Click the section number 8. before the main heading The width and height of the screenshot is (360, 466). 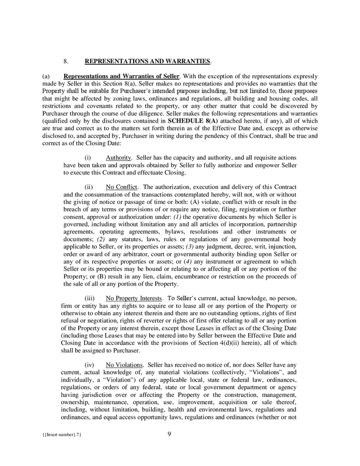pyautogui.click(x=66, y=61)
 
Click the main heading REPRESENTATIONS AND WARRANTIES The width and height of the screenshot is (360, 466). pyautogui.click(x=148, y=61)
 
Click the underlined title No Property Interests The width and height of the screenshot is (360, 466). pyautogui.click(x=134, y=298)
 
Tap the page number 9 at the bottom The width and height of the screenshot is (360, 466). pyautogui.click(x=169, y=434)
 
